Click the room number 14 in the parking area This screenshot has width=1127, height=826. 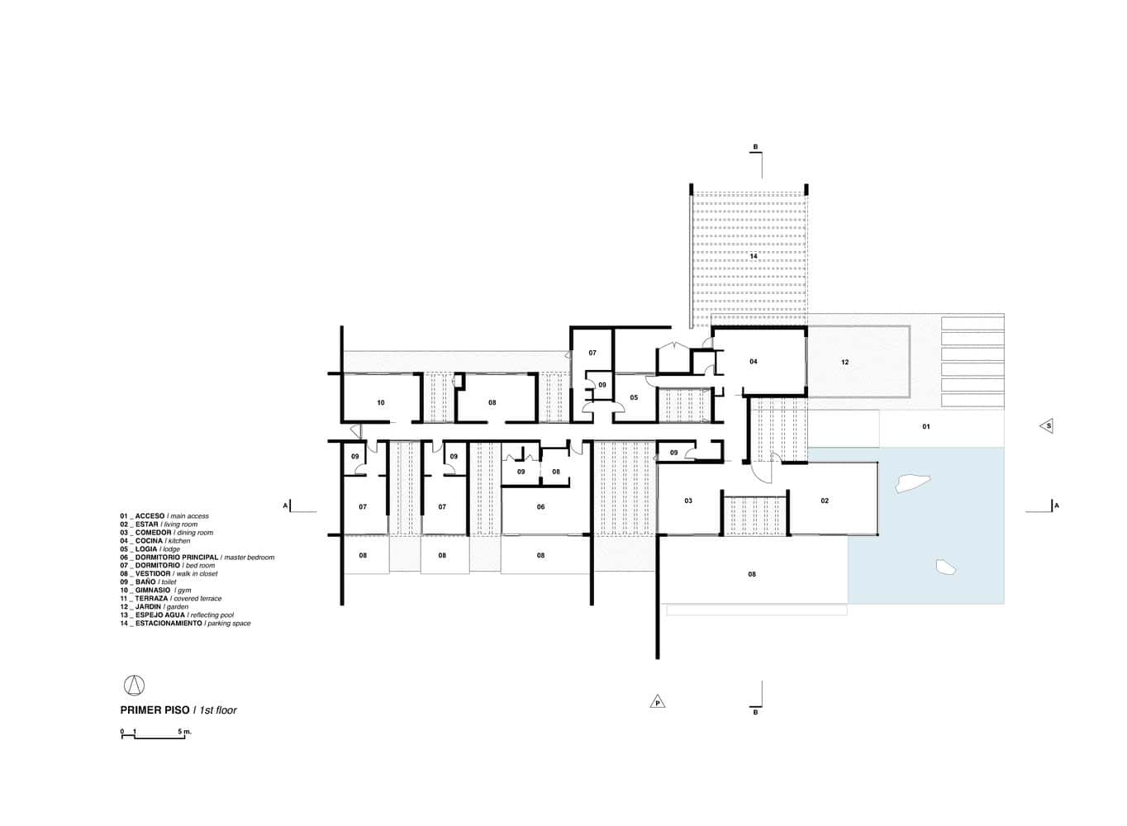coord(754,257)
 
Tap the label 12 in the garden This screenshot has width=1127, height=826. coord(844,363)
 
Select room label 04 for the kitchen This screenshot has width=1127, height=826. coord(754,362)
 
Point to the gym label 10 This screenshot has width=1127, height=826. coord(380,403)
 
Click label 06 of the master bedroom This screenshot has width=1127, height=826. coord(540,507)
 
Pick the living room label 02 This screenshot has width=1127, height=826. coord(824,501)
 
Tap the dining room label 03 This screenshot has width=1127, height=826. coord(687,501)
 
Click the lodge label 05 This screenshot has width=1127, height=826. coord(634,397)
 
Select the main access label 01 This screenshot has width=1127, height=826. coord(925,427)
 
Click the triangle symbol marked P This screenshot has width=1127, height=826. coord(658,702)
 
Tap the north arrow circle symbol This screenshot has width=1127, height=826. coord(134,685)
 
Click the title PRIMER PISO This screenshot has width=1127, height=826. coord(155,710)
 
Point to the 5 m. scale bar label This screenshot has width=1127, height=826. coord(183,732)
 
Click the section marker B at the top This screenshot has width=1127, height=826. coord(754,149)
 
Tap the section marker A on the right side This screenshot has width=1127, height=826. coord(1055,505)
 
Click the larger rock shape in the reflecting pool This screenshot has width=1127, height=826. coord(912,483)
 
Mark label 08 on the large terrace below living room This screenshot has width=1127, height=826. coord(752,574)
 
